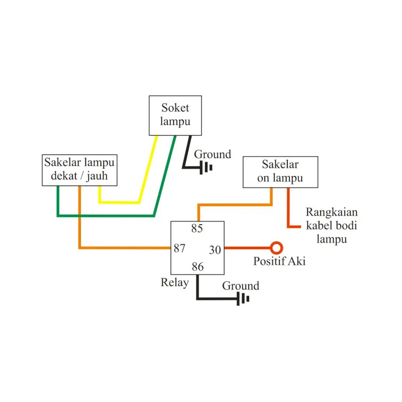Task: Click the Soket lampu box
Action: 175,115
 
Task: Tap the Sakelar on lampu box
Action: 280,172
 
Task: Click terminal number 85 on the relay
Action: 197,229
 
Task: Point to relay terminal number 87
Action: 180,248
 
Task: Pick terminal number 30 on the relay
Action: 215,249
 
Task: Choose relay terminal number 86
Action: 197,267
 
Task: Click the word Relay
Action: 174,282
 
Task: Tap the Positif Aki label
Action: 279,261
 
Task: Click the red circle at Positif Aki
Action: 276,248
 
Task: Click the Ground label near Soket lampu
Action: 213,154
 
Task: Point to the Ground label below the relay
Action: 241,286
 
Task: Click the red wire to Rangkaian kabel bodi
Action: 288,211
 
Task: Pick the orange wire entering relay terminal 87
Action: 126,248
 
